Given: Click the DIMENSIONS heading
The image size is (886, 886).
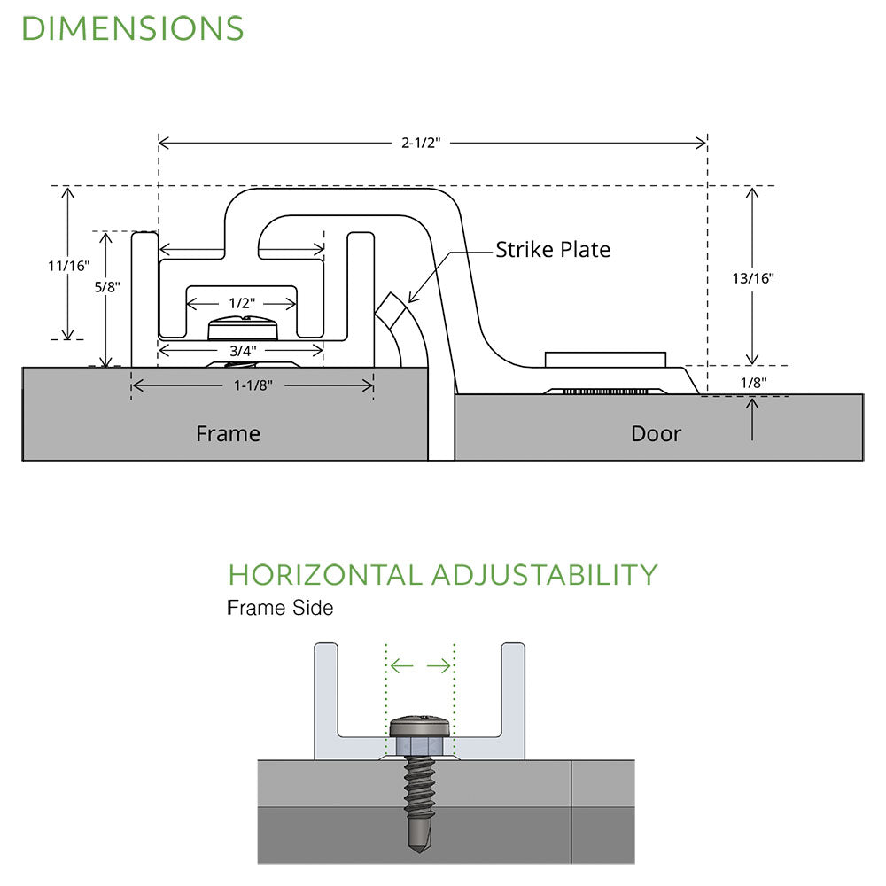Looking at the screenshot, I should click(132, 28).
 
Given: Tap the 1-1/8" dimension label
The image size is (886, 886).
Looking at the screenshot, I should click(252, 385).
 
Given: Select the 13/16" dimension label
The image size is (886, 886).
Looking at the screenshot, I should click(753, 277).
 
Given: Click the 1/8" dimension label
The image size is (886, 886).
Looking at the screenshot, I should click(751, 383).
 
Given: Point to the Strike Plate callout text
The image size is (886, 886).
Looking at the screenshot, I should click(553, 250).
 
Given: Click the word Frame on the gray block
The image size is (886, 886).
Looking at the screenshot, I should click(228, 433).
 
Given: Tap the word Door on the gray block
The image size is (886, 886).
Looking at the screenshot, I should click(656, 433).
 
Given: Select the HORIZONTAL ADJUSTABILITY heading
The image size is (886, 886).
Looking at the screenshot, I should click(442, 574).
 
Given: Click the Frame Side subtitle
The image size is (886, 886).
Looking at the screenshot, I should click(280, 609).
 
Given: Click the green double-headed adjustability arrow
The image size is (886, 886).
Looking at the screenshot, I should click(421, 666).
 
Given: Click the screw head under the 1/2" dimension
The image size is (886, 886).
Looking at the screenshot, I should click(241, 330).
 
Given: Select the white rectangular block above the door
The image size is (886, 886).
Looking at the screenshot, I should click(605, 359).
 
